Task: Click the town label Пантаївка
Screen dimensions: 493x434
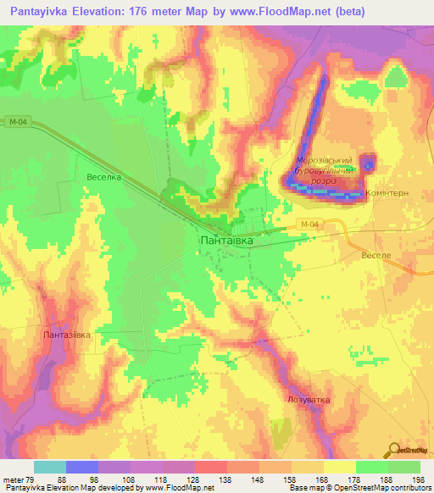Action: pyautogui.click(x=225, y=241)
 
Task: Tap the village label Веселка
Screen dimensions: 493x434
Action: pyautogui.click(x=104, y=178)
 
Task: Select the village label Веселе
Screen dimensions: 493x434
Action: pyautogui.click(x=375, y=255)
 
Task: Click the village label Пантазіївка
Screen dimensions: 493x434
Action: pyautogui.click(x=66, y=335)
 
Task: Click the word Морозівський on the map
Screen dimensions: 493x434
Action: pyautogui.click(x=323, y=161)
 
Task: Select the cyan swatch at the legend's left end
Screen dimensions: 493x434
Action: pyautogui.click(x=50, y=467)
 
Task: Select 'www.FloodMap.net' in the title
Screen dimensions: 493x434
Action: pyautogui.click(x=279, y=11)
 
